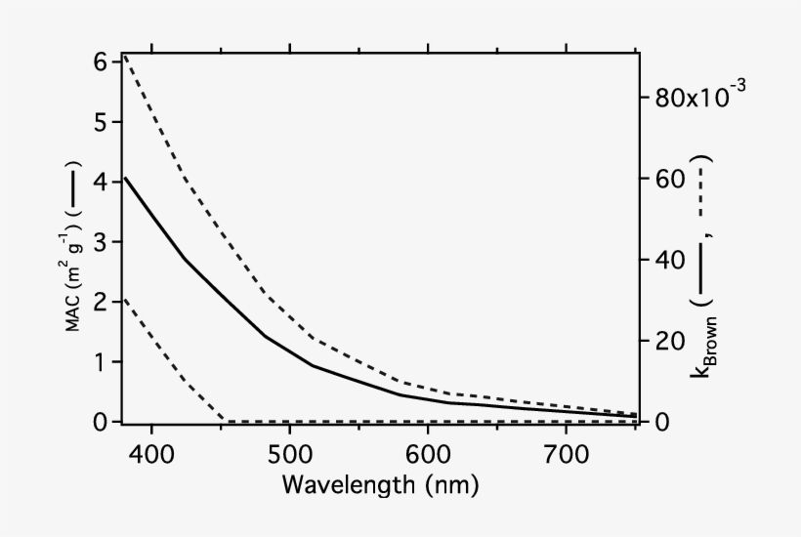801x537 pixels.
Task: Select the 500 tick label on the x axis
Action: click(290, 454)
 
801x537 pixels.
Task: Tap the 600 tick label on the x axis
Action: click(429, 454)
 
